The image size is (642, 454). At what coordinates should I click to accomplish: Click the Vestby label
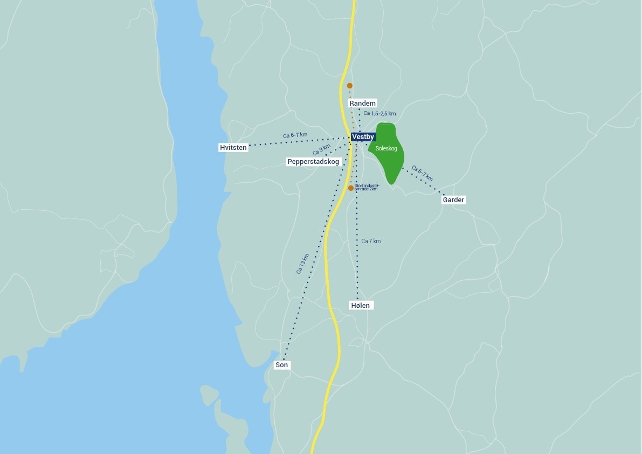[363, 137]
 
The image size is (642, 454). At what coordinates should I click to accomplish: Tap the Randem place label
[362, 103]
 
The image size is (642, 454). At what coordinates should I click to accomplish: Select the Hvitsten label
[233, 147]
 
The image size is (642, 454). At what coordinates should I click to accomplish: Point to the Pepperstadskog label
[313, 162]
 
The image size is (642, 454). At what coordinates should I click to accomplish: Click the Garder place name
[453, 200]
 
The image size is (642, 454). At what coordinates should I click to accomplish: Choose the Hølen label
[361, 306]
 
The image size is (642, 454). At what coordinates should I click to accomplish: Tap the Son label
[282, 365]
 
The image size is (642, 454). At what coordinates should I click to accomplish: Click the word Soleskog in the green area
[386, 148]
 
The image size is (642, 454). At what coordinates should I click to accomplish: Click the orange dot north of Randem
[350, 86]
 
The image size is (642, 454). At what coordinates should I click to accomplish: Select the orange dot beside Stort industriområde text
[351, 188]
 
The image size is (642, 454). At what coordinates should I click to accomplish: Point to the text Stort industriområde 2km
[367, 188]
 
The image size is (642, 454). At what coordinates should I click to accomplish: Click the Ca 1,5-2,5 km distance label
[379, 114]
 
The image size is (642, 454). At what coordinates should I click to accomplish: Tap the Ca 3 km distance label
[321, 149]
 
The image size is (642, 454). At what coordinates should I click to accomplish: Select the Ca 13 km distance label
[302, 264]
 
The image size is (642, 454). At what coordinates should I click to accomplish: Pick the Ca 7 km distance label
[371, 241]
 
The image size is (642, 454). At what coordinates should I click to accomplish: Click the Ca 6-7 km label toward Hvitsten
[295, 135]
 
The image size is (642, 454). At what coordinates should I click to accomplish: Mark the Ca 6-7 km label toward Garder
[422, 173]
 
